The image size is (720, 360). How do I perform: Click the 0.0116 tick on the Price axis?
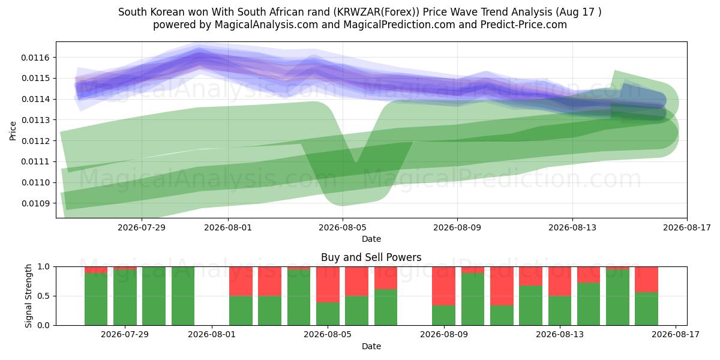coord(35,58)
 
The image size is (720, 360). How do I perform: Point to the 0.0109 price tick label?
coord(35,203)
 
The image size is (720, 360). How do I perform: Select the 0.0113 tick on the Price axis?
coord(35,120)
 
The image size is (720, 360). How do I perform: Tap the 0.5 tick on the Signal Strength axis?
coord(44,296)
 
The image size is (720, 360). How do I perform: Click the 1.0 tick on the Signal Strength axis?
coord(44,267)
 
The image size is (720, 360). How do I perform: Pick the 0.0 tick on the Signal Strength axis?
coord(44,325)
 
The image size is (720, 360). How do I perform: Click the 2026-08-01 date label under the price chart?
coord(228,227)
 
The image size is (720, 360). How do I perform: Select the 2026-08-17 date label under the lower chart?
coord(676,335)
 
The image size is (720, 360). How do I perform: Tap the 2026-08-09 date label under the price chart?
coord(457,227)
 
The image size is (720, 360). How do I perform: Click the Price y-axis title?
coord(13,131)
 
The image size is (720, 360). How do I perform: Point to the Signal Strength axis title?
coord(28,296)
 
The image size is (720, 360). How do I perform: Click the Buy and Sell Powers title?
coord(371,257)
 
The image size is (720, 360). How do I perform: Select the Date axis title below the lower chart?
coord(371,346)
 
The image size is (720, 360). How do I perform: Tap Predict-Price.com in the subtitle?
coord(524,25)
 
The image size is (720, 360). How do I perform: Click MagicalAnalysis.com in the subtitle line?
coord(266,25)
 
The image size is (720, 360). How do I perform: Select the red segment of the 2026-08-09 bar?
coord(443,286)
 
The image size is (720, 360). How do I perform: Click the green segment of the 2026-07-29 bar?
coord(125,298)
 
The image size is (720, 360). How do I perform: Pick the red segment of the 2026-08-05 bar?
coord(328,284)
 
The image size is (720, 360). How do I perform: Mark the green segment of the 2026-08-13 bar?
coord(560,311)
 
